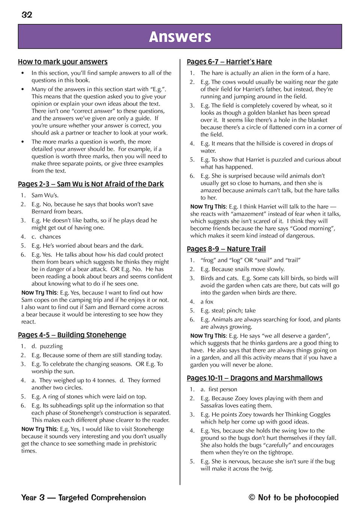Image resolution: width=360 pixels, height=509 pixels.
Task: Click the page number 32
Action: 27,15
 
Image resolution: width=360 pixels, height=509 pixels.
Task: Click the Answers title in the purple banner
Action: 180,37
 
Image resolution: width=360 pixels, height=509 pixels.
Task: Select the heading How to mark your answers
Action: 63,62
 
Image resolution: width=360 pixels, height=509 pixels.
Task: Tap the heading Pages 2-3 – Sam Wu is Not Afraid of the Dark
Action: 91,184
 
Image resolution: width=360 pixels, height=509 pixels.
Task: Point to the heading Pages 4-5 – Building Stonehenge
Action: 72,335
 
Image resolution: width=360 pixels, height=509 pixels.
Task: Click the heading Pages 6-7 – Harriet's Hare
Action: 229,62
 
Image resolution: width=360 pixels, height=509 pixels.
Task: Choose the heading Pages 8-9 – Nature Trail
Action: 226,249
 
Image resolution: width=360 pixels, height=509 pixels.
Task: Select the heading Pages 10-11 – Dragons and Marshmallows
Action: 254,378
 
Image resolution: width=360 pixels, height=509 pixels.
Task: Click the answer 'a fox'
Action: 207,302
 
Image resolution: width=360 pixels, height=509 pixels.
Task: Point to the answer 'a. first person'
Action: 219,390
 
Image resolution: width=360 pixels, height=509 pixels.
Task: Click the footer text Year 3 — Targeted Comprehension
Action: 84,497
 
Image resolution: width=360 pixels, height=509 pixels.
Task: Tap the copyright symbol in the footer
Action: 252,497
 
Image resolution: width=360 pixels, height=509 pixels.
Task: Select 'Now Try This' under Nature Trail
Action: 208,336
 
